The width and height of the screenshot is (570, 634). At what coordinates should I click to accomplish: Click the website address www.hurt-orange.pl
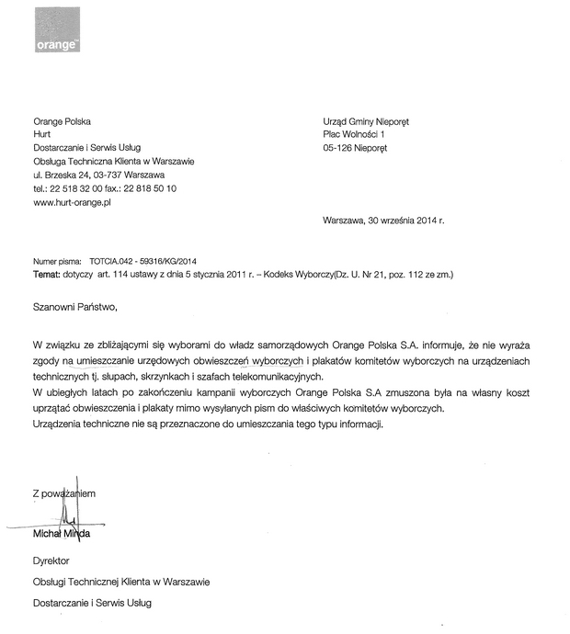pyautogui.click(x=72, y=201)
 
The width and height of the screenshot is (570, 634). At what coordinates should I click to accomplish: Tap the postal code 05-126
pyautogui.click(x=341, y=147)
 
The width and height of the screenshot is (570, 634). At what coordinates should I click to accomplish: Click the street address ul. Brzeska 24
pyautogui.click(x=67, y=174)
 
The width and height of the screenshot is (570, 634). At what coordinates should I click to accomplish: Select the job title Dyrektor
pyautogui.click(x=51, y=560)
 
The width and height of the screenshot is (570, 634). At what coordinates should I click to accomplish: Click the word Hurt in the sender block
pyautogui.click(x=41, y=133)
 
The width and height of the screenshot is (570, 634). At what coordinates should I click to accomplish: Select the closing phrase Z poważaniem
pyautogui.click(x=63, y=493)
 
